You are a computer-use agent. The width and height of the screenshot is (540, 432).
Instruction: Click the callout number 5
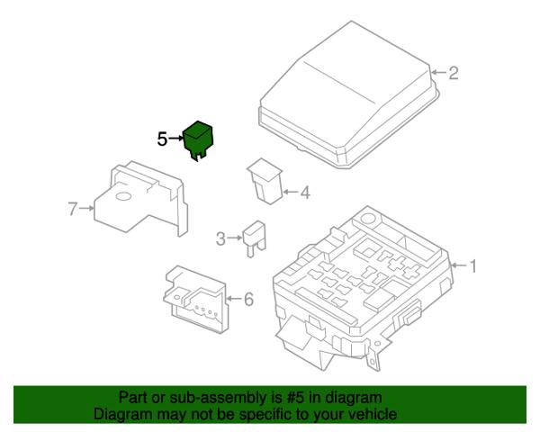pyautogui.click(x=162, y=139)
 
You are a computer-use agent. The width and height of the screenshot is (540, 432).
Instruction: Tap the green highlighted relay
pyautogui.click(x=198, y=139)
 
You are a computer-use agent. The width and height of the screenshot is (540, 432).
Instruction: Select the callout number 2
pyautogui.click(x=454, y=73)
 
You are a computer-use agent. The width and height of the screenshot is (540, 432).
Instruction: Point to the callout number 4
pyautogui.click(x=305, y=193)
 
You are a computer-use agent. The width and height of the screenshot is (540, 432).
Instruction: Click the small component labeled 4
pyautogui.click(x=265, y=181)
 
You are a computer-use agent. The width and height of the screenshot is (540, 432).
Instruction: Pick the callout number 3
pyautogui.click(x=220, y=238)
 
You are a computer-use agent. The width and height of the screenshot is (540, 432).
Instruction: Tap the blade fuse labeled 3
pyautogui.click(x=254, y=238)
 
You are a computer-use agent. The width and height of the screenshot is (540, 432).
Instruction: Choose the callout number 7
pyautogui.click(x=73, y=209)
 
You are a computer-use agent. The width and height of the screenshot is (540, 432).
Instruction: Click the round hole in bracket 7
pyautogui.click(x=124, y=196)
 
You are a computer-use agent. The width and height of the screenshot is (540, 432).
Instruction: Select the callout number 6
pyautogui.click(x=248, y=299)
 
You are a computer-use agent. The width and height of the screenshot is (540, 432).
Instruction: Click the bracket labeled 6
pyautogui.click(x=195, y=299)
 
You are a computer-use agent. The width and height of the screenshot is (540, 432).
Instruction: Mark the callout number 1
pyautogui.click(x=473, y=266)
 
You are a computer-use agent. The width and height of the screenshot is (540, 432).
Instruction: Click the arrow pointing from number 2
pyautogui.click(x=439, y=72)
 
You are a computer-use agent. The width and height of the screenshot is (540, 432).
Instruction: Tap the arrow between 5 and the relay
pyautogui.click(x=176, y=139)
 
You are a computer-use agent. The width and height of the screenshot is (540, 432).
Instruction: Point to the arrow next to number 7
pyautogui.click(x=86, y=208)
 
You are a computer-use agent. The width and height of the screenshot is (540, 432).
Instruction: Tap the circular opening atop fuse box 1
pyautogui.click(x=368, y=218)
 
